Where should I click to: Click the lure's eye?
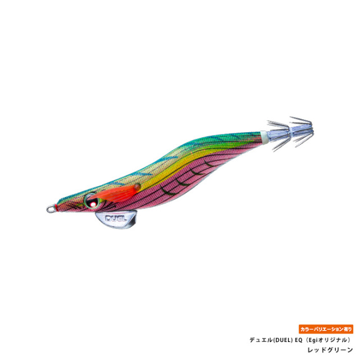91,201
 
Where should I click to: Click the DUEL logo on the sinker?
116,218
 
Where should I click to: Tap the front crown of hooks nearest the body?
279,136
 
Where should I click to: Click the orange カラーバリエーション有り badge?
326,329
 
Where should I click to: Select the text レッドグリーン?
330,350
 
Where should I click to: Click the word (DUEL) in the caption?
283,340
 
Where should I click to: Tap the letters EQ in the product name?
299,340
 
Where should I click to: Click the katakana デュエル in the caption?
261,340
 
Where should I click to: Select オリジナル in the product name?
333,340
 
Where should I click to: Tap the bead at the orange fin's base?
137,187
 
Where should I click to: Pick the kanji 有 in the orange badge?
345,329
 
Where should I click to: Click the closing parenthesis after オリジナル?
349,340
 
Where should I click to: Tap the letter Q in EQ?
300,340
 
